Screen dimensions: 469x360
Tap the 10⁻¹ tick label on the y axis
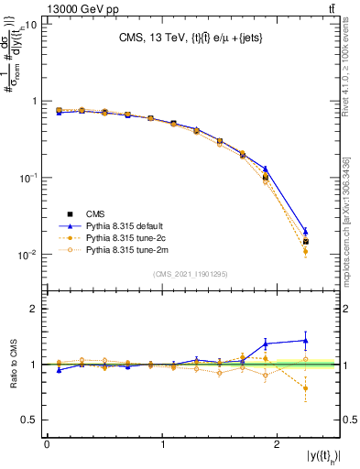click(x=27, y=178)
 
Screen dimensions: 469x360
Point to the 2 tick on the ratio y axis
click(x=35, y=309)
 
